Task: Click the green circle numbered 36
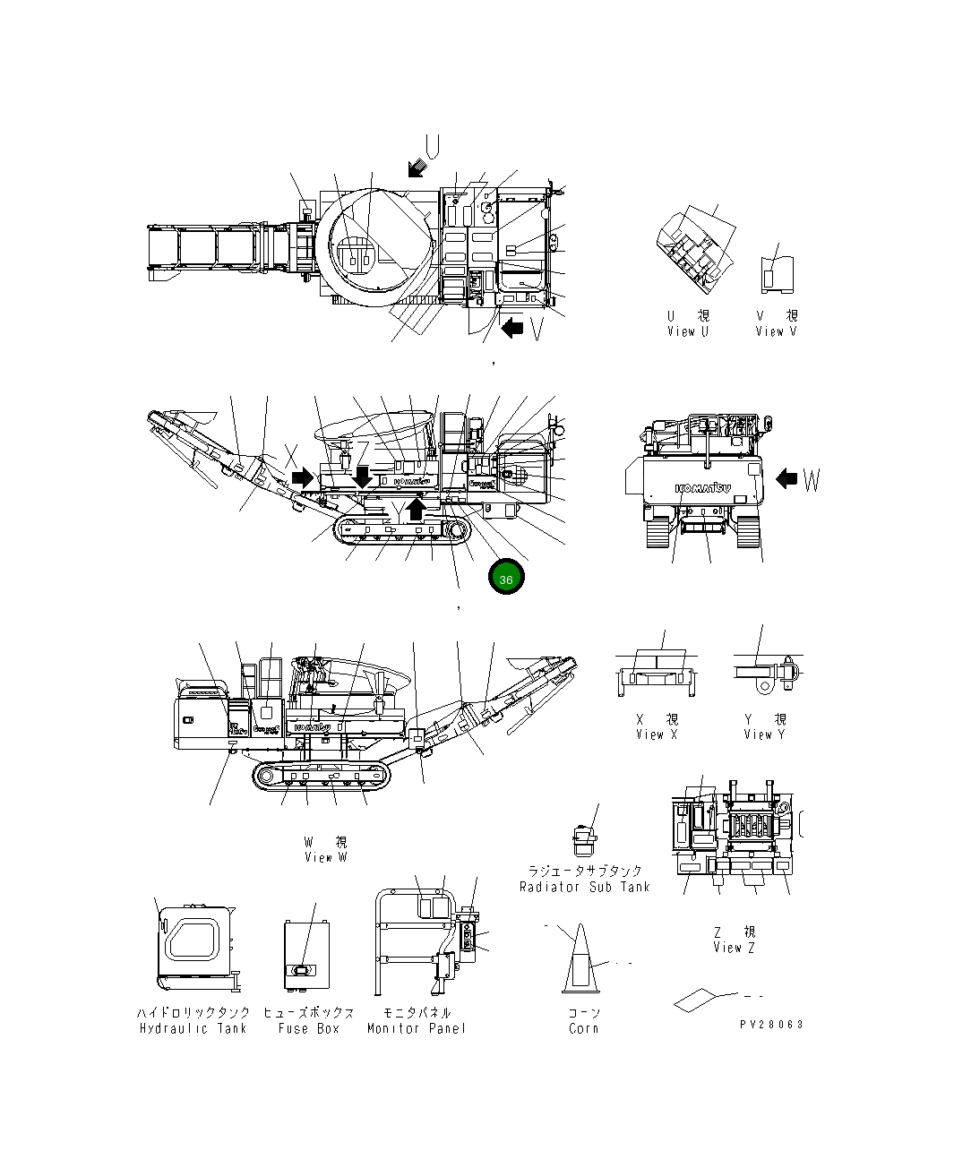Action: click(506, 580)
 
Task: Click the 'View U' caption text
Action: click(687, 331)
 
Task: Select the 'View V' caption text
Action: click(776, 331)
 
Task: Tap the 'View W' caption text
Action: click(325, 857)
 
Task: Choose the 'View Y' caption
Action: click(764, 734)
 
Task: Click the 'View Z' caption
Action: click(734, 948)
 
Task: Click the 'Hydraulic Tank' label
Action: click(193, 1028)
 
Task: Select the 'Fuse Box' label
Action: click(308, 1028)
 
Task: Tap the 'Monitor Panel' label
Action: click(417, 1028)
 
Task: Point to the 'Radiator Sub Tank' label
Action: click(584, 887)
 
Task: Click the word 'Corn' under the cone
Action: click(584, 1028)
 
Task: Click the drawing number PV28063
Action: click(771, 1024)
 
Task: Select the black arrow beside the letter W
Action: click(786, 479)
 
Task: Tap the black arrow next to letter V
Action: click(512, 328)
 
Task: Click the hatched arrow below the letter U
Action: click(417, 167)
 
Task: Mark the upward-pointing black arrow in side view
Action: click(417, 509)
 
